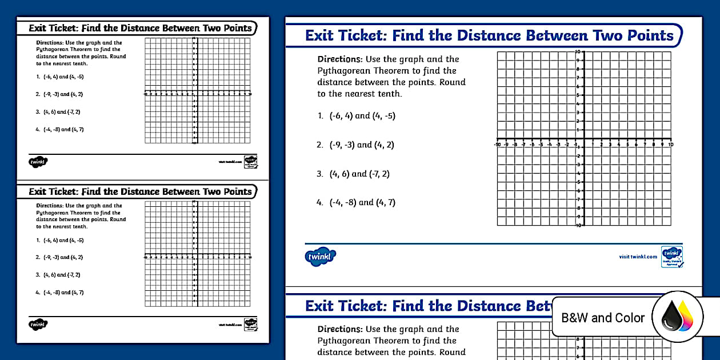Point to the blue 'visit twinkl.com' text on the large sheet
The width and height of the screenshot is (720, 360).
tap(638, 257)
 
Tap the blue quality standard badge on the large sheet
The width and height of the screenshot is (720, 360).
tap(671, 256)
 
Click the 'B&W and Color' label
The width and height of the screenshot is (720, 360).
tap(603, 318)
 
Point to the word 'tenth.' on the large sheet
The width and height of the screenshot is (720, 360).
tap(389, 94)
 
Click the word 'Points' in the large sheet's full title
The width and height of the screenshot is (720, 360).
tap(645, 35)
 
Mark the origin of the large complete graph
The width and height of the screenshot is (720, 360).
tap(583, 139)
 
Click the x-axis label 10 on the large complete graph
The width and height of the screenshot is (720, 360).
tap(670, 145)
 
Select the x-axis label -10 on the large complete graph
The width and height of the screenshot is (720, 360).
tap(497, 145)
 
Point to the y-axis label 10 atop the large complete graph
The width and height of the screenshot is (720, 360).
tap(578, 52)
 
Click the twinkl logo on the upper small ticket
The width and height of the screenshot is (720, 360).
tap(38, 161)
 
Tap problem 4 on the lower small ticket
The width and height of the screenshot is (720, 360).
tap(59, 293)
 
